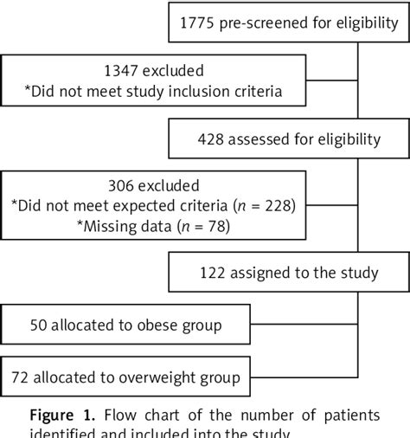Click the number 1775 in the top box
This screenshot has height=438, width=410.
click(198, 25)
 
